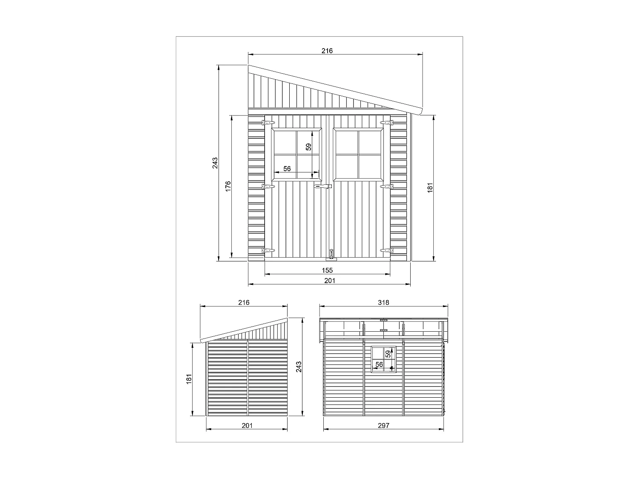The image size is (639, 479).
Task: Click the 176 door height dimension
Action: coord(228,186)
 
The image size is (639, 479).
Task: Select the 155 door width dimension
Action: coord(327,270)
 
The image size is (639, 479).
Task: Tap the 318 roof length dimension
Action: coord(383,303)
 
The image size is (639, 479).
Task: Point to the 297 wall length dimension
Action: coord(383,425)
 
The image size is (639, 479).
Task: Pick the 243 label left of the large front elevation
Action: coord(215,163)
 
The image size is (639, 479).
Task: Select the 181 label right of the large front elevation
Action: coord(430,187)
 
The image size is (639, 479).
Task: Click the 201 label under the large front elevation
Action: coord(330,281)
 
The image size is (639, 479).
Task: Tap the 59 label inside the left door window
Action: coord(309,147)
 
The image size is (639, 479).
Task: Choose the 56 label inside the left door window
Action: coord(287,169)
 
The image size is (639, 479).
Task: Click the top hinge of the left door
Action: coord(268,123)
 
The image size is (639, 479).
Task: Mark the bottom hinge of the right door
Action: coord(386,251)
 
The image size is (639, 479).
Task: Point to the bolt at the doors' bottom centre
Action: coord(331,254)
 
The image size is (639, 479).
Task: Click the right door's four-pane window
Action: coord(359,155)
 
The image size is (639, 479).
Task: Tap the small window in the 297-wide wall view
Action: coord(384,359)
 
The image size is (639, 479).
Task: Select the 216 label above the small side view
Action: coord(244,303)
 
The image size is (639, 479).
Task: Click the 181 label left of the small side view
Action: coord(189,379)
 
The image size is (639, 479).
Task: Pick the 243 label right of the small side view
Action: coord(299,367)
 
